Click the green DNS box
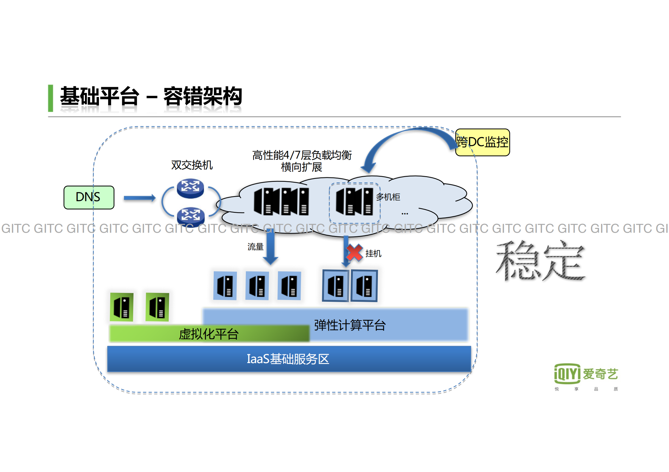(89, 197)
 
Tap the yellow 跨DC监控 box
(482, 142)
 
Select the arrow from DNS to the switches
(139, 198)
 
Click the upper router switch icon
(190, 188)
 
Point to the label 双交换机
(192, 165)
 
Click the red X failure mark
(354, 253)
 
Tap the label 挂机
(373, 254)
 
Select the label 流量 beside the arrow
(255, 247)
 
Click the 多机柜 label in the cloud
(388, 197)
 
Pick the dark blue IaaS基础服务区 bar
(288, 359)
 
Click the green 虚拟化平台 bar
(209, 334)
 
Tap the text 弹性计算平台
(350, 325)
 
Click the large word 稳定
(540, 261)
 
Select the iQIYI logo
(585, 374)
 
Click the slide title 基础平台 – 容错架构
(151, 96)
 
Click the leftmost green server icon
(122, 307)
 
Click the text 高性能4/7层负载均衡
(302, 155)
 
